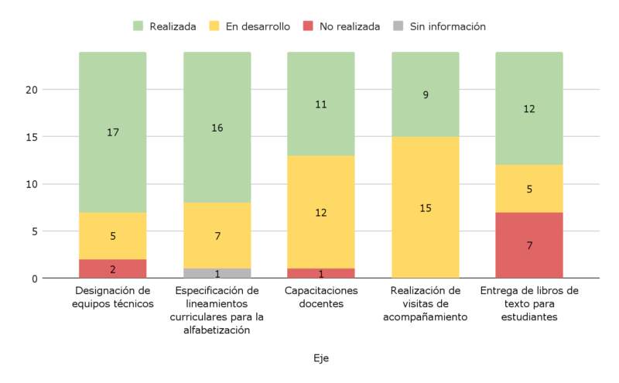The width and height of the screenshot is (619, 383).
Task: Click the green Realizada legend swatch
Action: click(139, 26)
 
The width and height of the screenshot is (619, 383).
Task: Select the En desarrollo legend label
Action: click(258, 26)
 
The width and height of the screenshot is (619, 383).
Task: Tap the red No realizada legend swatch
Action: click(308, 26)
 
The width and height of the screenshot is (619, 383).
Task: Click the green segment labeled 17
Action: click(113, 132)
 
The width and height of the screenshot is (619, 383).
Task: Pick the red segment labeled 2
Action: click(113, 268)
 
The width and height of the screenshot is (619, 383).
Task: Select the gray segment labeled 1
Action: click(217, 273)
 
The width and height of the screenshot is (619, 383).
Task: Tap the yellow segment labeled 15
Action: click(426, 207)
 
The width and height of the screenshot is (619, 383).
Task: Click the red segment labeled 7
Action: click(529, 245)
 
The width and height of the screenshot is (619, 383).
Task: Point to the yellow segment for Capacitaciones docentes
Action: click(321, 212)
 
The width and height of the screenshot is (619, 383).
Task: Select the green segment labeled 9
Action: click(426, 94)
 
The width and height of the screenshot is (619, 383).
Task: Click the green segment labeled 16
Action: click(217, 128)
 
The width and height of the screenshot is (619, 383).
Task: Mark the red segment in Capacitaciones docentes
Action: click(321, 273)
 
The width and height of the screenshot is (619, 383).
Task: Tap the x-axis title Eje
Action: click(321, 358)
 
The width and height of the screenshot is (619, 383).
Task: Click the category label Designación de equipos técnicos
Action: click(114, 297)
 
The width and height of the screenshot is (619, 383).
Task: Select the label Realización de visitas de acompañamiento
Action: click(426, 303)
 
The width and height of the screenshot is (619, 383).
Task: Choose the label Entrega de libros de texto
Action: click(529, 303)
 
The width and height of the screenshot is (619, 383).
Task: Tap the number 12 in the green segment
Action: click(529, 109)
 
